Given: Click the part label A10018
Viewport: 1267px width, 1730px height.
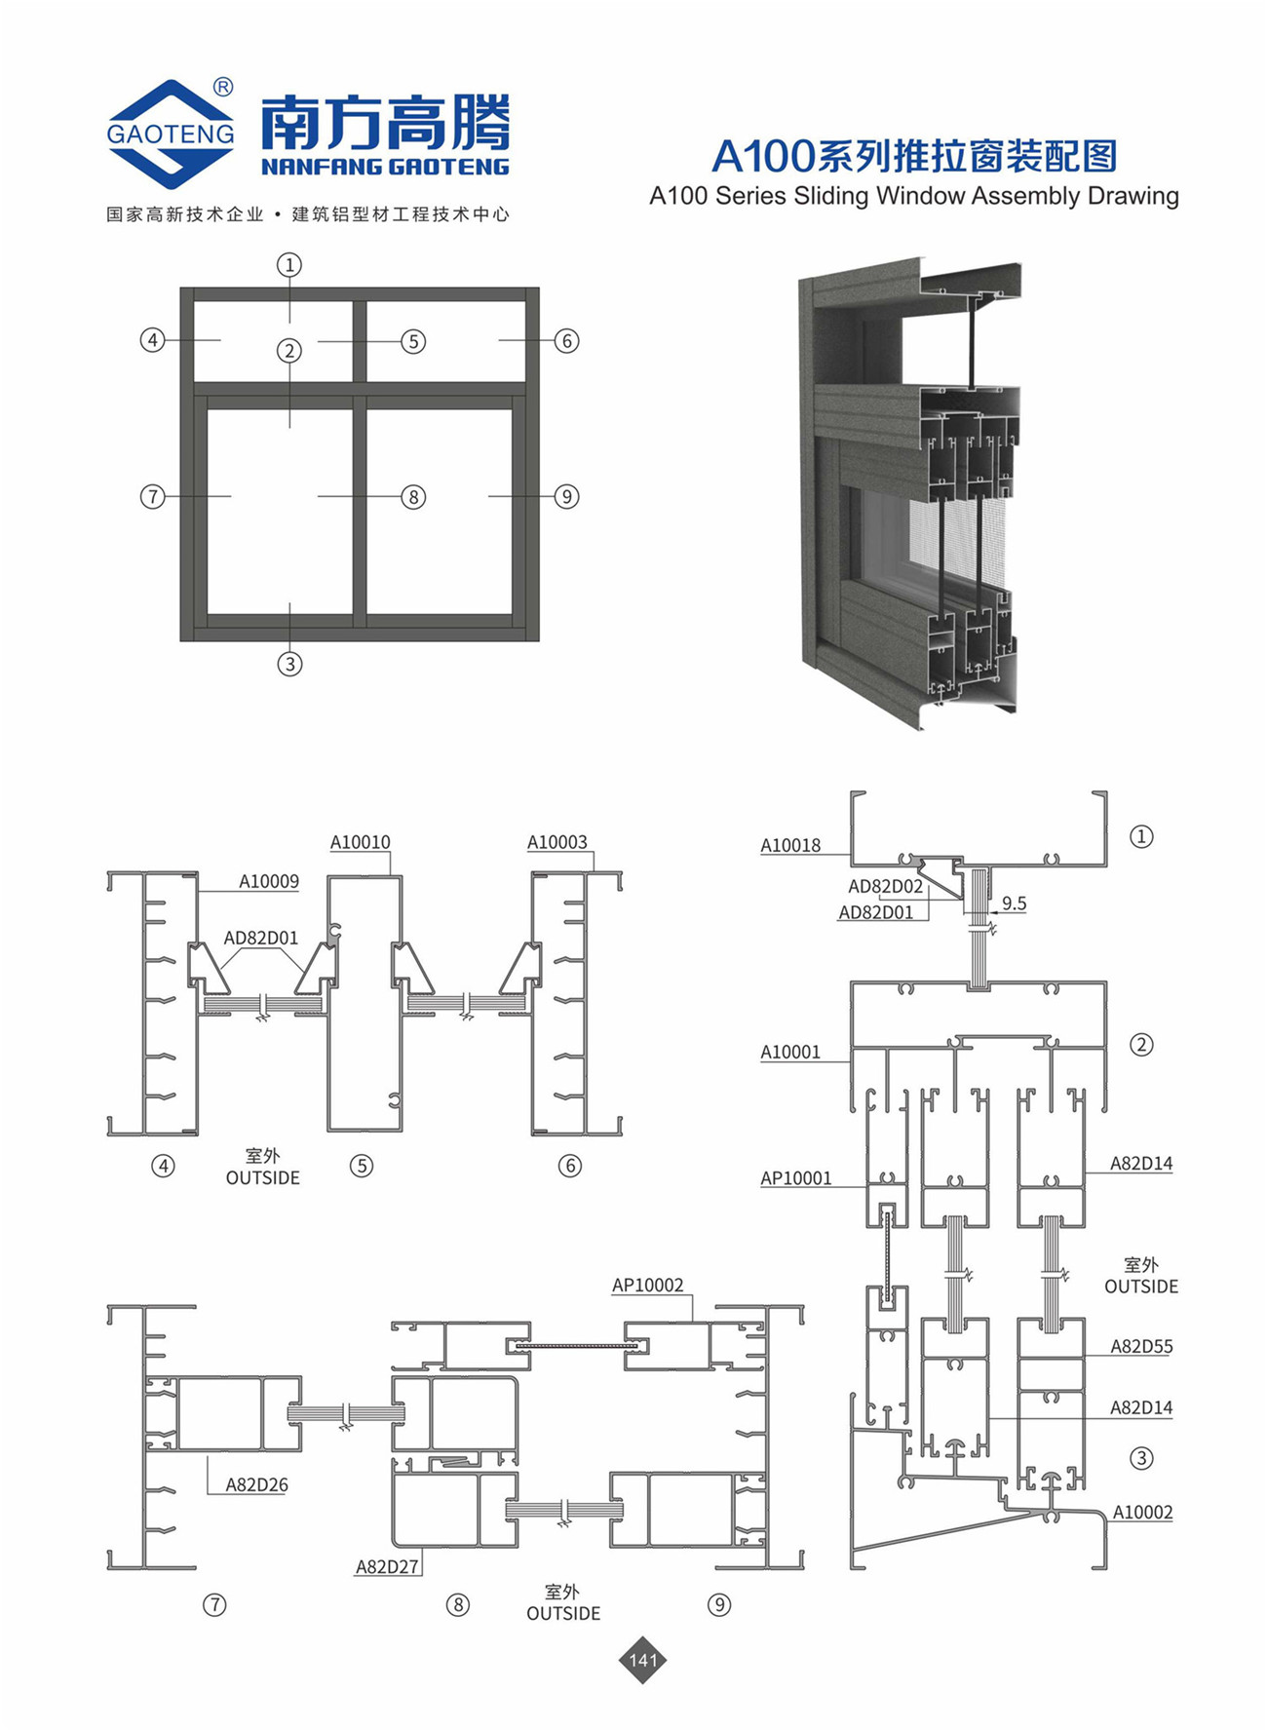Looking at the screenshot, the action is tap(790, 845).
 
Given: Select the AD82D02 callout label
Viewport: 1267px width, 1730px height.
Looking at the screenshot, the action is tap(885, 886).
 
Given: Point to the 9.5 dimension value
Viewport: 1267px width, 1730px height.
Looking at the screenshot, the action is tap(1014, 903).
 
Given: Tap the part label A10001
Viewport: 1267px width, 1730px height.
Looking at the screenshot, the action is tap(790, 1052).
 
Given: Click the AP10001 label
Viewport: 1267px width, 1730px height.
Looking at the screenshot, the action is tap(796, 1178).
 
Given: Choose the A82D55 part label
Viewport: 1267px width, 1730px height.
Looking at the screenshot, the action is tap(1141, 1347).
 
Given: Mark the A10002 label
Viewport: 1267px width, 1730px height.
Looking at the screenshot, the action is tap(1142, 1513).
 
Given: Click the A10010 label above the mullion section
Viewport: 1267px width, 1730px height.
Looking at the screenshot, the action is tap(360, 842).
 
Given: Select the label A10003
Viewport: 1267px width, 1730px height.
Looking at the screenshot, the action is tap(557, 842).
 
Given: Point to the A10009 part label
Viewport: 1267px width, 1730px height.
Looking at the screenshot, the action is tap(269, 882).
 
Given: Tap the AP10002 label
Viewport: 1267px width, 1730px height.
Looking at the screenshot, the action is tap(648, 1286).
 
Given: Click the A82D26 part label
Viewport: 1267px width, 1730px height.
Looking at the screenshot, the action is tap(256, 1485).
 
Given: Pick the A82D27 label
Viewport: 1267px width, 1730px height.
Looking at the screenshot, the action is tap(387, 1567).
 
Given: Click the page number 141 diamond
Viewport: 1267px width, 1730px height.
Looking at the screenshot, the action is tap(643, 1660).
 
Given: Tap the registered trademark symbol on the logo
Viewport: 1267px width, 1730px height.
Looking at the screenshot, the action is tap(222, 88).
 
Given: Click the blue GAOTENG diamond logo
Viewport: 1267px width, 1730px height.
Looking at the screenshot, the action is tap(171, 134).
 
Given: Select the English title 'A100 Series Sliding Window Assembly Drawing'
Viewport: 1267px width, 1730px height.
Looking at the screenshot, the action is tap(914, 197).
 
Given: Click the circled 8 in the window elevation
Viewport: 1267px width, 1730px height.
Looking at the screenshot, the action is tap(413, 497).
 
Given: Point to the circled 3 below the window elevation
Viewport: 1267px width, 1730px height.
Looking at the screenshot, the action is tap(289, 664).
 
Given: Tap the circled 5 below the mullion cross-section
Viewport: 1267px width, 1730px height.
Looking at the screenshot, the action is tap(362, 1166).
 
